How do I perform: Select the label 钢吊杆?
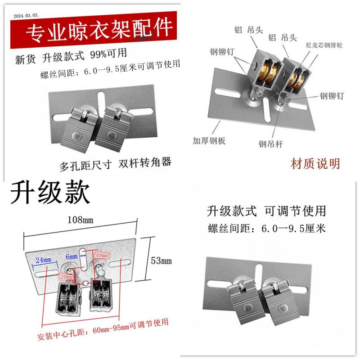[270, 144]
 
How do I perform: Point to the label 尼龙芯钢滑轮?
[324, 45]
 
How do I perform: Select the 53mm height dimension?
[162, 261]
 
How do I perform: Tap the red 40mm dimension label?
[102, 256]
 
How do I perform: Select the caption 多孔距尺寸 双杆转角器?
[116, 163]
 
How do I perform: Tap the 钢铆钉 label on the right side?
[332, 95]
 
